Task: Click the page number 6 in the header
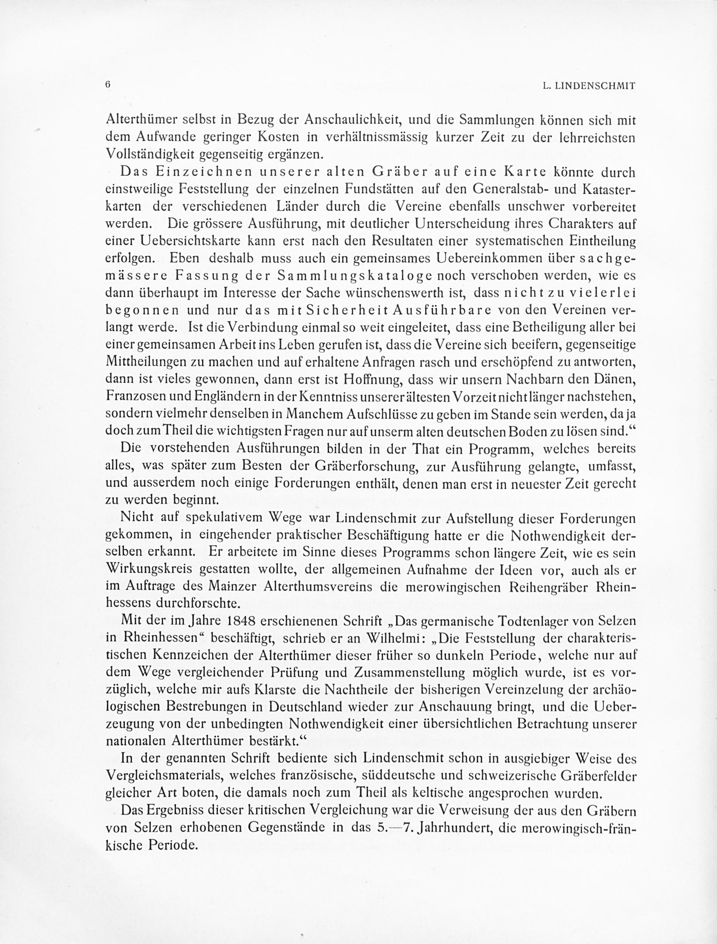tap(108, 85)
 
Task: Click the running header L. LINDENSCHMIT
tap(589, 86)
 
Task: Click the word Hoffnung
tap(367, 379)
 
